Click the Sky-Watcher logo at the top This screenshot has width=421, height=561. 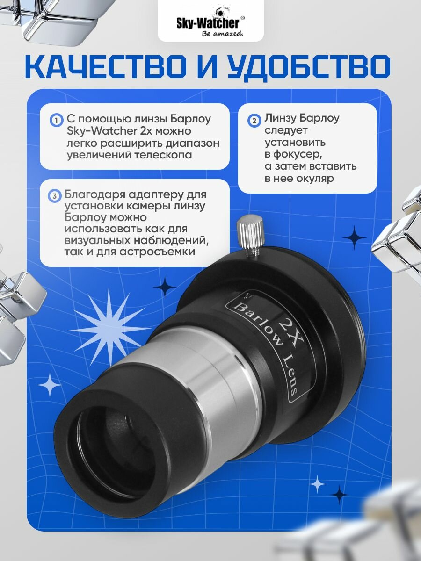[x=210, y=22]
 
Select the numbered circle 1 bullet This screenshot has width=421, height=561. [x=56, y=120]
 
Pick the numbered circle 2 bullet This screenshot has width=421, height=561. [x=254, y=120]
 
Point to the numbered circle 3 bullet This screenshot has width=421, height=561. [x=55, y=195]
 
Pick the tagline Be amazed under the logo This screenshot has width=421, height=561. [x=221, y=34]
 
